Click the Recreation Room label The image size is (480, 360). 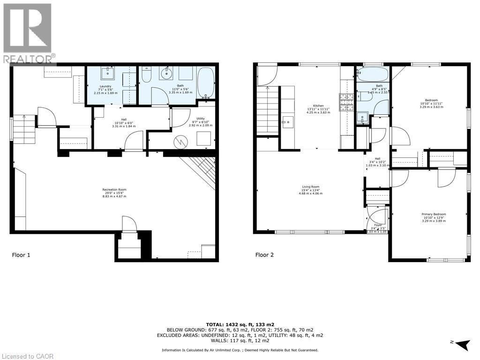tap(114, 190)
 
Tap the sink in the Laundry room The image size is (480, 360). tap(108, 73)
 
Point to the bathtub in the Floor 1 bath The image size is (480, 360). tap(206, 82)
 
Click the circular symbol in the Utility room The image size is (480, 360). tap(180, 141)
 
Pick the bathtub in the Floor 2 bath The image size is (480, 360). tap(372, 74)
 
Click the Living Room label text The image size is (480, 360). tap(310, 187)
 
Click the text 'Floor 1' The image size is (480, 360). tap(21, 255)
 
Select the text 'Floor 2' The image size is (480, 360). tap(264, 255)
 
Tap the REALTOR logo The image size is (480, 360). tap(28, 33)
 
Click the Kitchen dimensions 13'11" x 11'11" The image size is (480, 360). tap(318, 109)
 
